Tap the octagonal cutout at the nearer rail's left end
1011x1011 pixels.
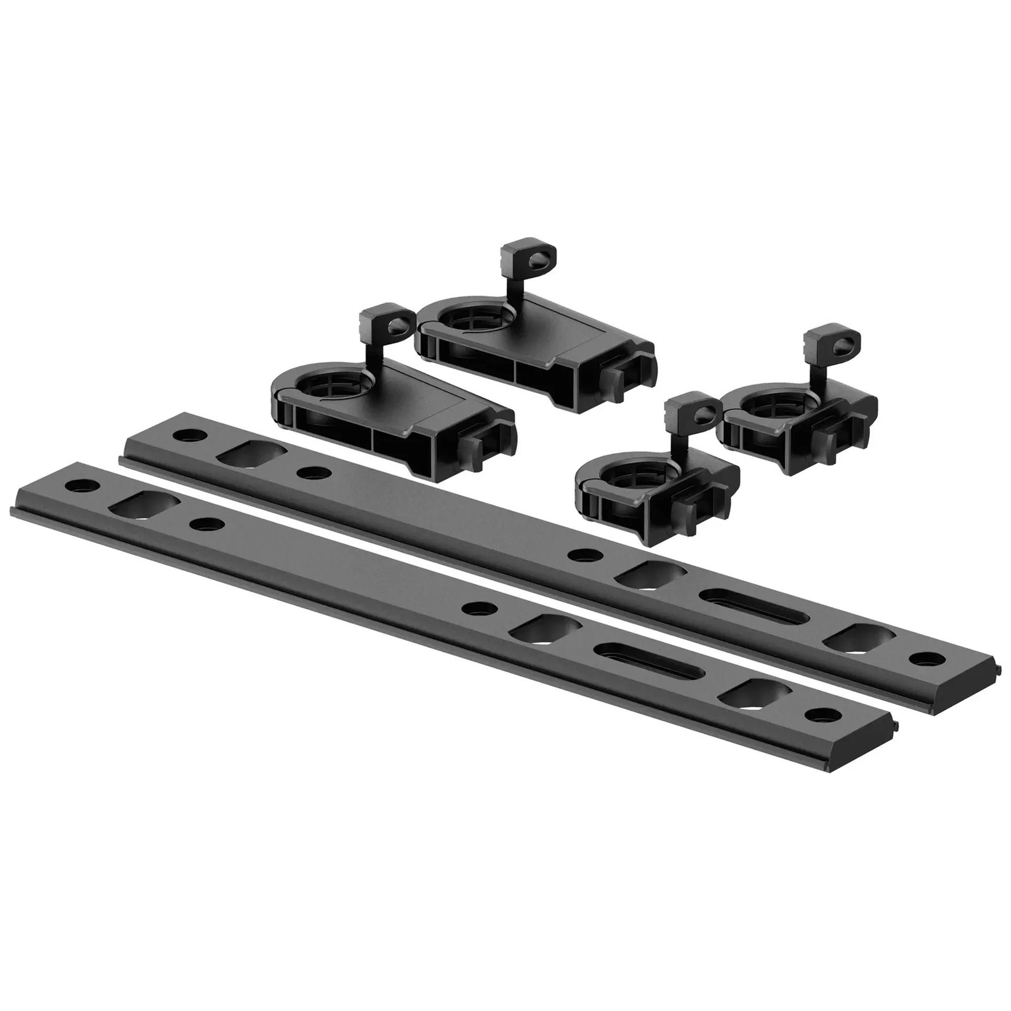(x=145, y=505)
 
